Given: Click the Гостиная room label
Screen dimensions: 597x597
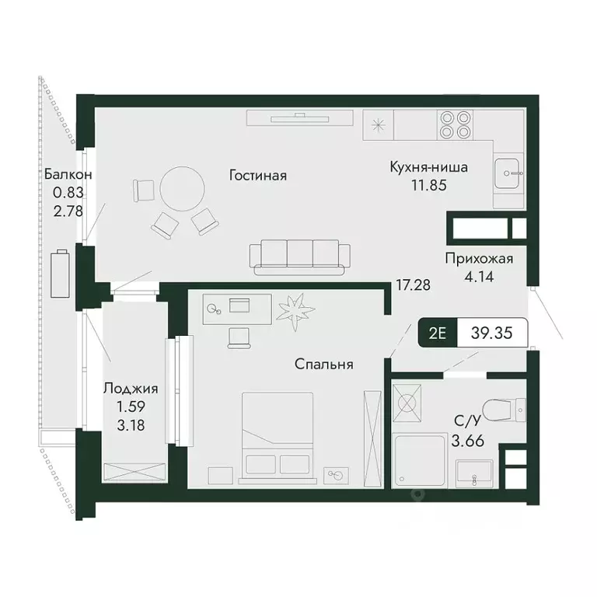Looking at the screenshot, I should tap(258, 176).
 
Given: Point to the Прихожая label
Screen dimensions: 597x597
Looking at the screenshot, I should tap(479, 260).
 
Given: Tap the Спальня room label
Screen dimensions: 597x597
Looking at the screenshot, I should tap(324, 363).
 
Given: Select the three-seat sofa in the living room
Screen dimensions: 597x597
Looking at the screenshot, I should tap(300, 256).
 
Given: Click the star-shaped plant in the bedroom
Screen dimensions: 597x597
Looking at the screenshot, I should tap(299, 308).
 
